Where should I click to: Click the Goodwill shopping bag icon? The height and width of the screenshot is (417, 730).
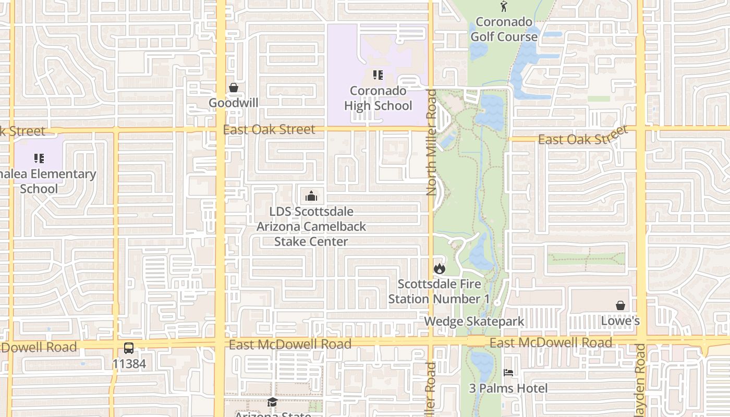(x=234, y=88)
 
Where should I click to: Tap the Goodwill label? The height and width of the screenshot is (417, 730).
(x=234, y=103)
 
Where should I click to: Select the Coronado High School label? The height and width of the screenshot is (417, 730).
(x=378, y=99)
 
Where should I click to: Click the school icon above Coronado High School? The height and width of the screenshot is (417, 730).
(x=378, y=75)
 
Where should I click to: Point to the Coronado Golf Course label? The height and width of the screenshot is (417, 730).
(x=504, y=29)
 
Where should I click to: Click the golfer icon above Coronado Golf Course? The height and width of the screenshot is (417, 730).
(x=504, y=6)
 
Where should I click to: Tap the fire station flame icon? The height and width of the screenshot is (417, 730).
(x=439, y=268)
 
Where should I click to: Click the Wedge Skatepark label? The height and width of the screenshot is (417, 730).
(x=474, y=321)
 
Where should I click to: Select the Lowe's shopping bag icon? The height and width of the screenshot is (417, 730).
(x=620, y=305)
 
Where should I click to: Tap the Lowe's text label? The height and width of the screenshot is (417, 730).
(x=620, y=321)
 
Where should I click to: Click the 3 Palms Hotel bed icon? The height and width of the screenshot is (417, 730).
(x=508, y=373)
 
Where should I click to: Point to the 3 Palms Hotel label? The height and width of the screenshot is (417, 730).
(x=508, y=388)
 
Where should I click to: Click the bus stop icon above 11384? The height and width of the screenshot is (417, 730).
(x=129, y=348)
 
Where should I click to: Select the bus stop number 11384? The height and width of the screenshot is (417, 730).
(x=129, y=363)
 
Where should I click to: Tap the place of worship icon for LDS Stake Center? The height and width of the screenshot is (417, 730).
(x=311, y=196)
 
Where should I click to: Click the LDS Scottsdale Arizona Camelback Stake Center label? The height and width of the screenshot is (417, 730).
(x=311, y=226)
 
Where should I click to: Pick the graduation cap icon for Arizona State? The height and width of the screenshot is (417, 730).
(x=272, y=402)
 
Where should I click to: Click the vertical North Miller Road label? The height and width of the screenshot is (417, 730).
(x=431, y=142)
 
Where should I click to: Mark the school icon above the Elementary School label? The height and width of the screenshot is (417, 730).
(x=39, y=158)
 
